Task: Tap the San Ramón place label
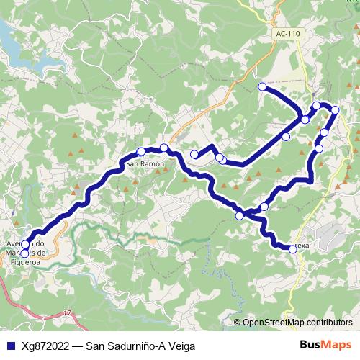click(145, 163)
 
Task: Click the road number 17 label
click(68, 313)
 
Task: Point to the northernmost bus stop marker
click(262, 87)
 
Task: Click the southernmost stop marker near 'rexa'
click(292, 249)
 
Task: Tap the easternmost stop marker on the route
click(335, 109)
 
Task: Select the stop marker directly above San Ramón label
click(141, 151)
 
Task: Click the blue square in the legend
click(9, 345)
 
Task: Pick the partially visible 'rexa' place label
click(301, 246)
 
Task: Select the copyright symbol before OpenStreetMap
click(238, 323)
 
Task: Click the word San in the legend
click(96, 345)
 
